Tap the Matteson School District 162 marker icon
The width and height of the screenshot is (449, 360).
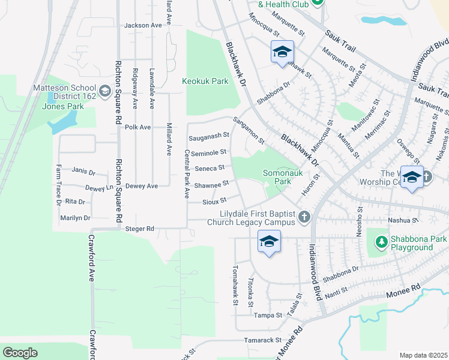click(104, 91)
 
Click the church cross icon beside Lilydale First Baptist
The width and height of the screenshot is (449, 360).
click(304, 217)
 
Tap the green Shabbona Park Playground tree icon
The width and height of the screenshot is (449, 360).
click(381, 242)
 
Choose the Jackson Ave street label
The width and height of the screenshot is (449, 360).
click(143, 25)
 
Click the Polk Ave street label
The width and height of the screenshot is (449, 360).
click(137, 127)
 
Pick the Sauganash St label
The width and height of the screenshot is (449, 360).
click(209, 137)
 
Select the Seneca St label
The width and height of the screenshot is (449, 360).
click(212, 168)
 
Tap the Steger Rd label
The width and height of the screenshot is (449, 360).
click(140, 229)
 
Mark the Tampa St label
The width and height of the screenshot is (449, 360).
click(268, 315)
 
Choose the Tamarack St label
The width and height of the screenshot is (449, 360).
click(263, 340)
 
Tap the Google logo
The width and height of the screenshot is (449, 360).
click(20, 353)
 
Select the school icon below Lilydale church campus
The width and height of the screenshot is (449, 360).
click(269, 242)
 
